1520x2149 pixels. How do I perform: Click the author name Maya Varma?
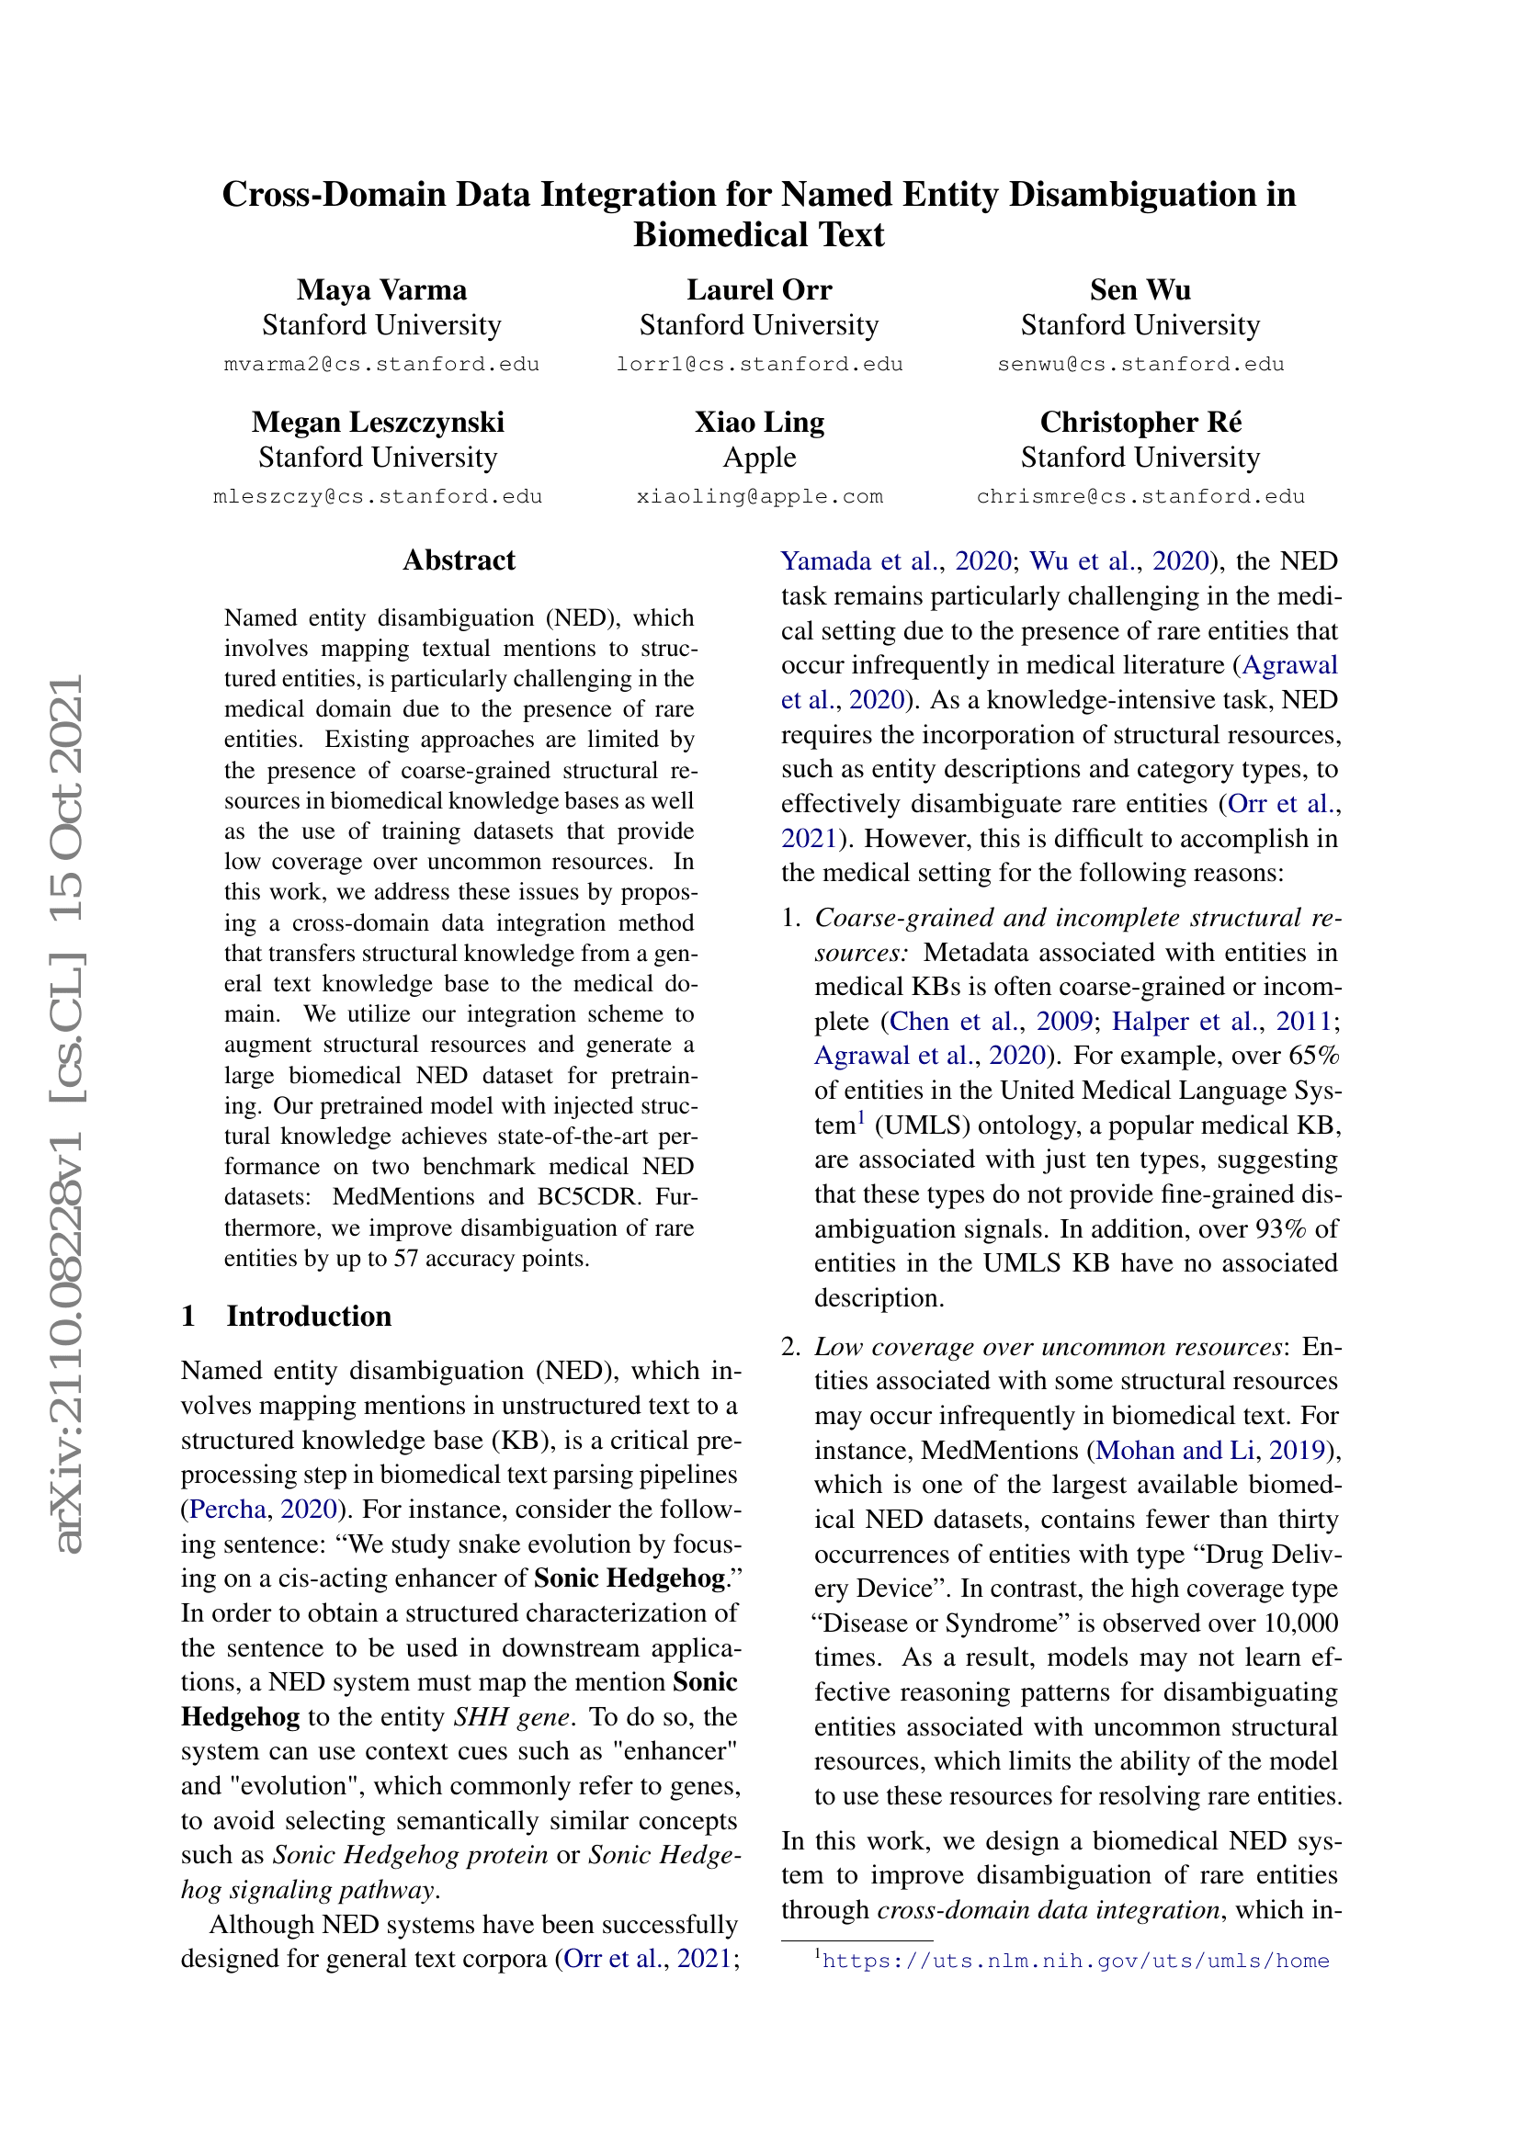(x=381, y=290)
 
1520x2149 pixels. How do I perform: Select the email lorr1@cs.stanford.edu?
(x=758, y=365)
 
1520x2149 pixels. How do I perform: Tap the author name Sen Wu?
(x=1139, y=290)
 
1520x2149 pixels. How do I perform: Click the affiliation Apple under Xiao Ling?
(x=759, y=458)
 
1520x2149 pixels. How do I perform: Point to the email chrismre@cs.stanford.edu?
(x=1140, y=497)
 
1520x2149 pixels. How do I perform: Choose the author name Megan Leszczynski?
(x=377, y=422)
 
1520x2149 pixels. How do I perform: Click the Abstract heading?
(x=459, y=560)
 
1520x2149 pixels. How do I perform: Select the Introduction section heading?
(x=308, y=1316)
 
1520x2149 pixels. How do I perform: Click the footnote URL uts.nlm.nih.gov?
(x=1075, y=1961)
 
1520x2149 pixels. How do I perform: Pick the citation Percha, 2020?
(x=263, y=1509)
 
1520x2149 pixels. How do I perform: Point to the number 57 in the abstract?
(x=405, y=1259)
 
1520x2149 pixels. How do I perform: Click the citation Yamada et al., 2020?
(x=896, y=561)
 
